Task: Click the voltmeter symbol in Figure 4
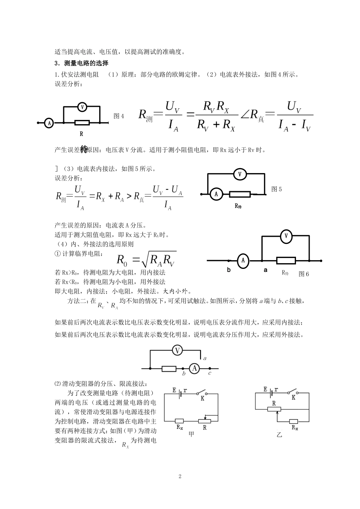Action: click(82, 107)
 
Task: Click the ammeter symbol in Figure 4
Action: click(49, 123)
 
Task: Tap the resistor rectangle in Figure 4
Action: click(82, 123)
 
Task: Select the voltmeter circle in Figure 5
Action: click(239, 174)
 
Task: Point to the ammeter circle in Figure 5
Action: click(216, 194)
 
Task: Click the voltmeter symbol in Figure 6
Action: click(286, 236)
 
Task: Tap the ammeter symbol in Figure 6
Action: click(243, 261)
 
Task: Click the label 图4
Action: click(119, 116)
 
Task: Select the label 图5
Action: click(277, 189)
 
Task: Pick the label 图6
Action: click(304, 274)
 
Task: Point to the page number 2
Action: click(180, 476)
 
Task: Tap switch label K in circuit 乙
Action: click(293, 398)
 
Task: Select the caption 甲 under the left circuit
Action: click(191, 435)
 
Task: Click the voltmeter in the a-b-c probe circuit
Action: click(177, 350)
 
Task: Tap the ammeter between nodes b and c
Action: click(194, 368)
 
